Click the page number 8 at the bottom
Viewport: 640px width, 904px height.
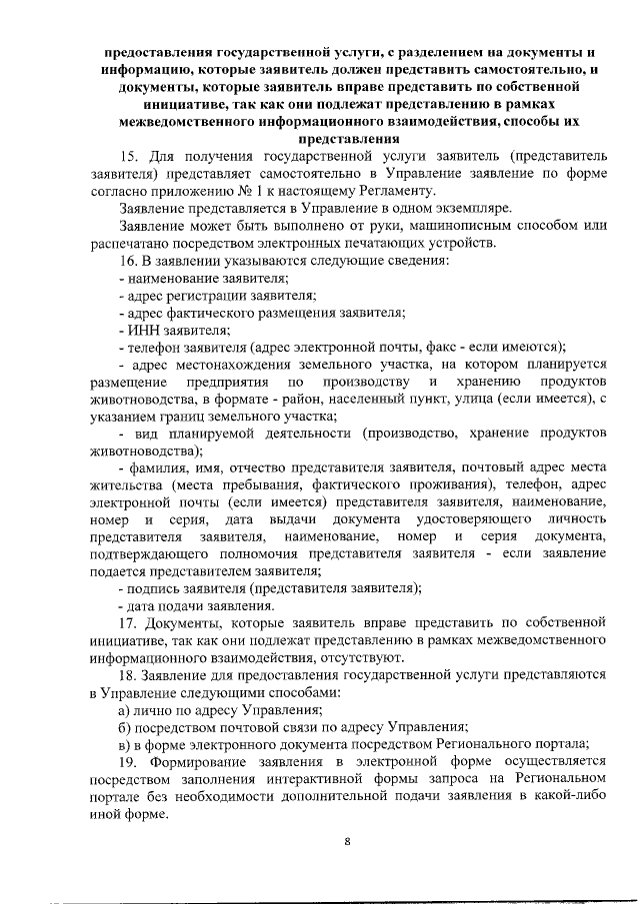coord(347,840)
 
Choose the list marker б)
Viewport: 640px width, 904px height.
coord(125,727)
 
